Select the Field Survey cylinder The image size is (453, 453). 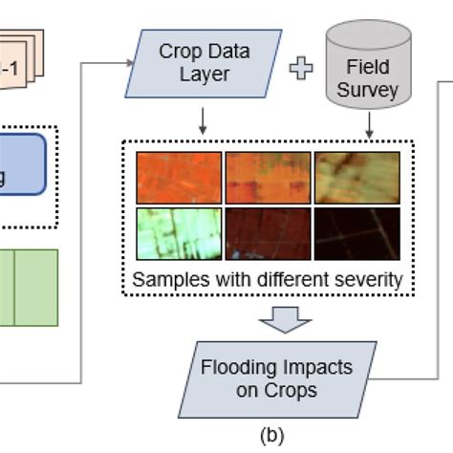pyautogui.click(x=369, y=67)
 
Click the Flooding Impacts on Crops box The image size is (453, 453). pyautogui.click(x=276, y=378)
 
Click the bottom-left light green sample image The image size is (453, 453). pyautogui.click(x=179, y=233)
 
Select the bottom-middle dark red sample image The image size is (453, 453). pyautogui.click(x=267, y=233)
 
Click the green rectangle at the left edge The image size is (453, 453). pyautogui.click(x=29, y=287)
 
